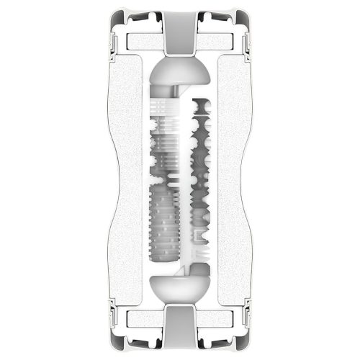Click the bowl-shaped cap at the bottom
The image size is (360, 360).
point(179,286)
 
